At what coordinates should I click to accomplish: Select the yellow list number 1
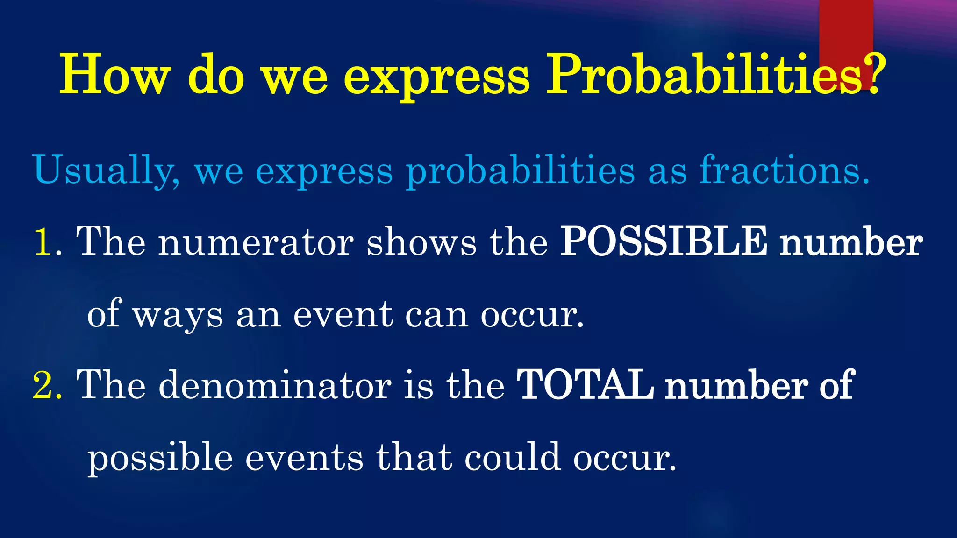coord(43,242)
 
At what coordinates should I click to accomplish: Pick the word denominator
coord(275,385)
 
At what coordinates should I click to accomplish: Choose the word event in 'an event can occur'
coord(343,314)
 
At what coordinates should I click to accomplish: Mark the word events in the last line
coord(304,458)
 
